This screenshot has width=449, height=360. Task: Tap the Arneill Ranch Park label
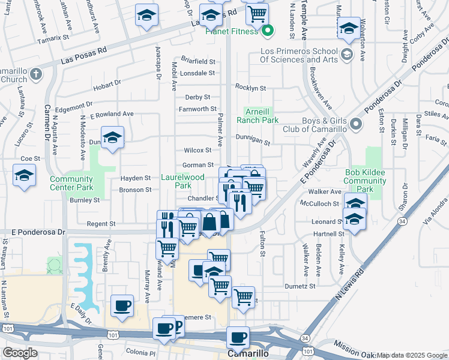(x=261, y=116)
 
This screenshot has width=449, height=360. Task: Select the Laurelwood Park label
(x=183, y=181)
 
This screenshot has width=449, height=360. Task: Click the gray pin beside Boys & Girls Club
(x=356, y=124)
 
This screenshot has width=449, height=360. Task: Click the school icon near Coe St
(x=24, y=176)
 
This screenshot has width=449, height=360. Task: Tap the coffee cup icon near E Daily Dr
(x=122, y=305)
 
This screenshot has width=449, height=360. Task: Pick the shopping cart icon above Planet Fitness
(x=257, y=13)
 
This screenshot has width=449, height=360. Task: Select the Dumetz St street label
(x=300, y=287)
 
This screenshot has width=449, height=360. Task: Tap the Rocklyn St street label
(x=251, y=88)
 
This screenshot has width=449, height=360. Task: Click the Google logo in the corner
(x=20, y=353)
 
